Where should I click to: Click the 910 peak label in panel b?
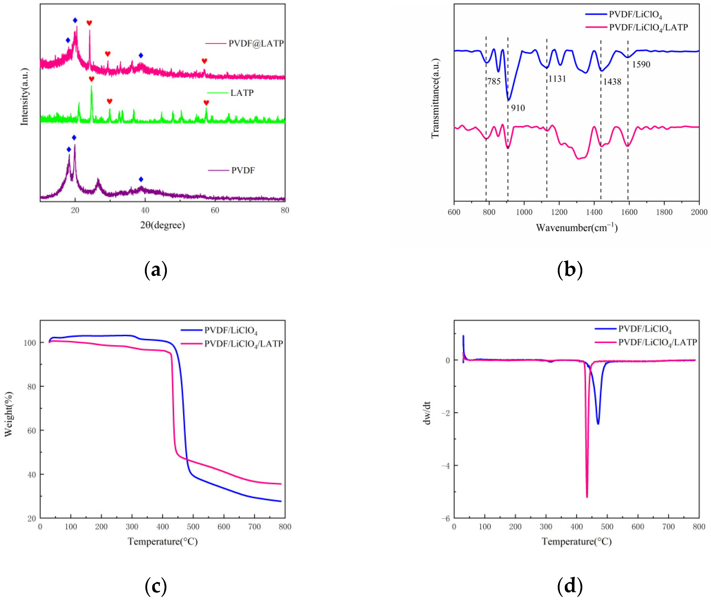(518, 108)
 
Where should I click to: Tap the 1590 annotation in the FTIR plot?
(641, 64)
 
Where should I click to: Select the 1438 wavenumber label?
(612, 82)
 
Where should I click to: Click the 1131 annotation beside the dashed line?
(557, 79)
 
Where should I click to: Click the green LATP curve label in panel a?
(242, 93)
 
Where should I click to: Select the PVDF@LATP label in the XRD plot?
(256, 43)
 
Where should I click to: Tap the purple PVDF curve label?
(243, 170)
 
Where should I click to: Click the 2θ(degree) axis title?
(163, 225)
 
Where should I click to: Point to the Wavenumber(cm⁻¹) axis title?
(577, 227)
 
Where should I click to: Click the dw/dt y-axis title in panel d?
(427, 413)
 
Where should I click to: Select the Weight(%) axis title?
(9, 414)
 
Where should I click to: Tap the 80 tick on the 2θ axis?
(285, 211)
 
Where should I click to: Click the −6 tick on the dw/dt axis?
(446, 518)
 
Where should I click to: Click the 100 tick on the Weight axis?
(30, 343)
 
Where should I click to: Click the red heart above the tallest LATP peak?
(92, 79)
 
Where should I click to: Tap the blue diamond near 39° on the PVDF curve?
(141, 179)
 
